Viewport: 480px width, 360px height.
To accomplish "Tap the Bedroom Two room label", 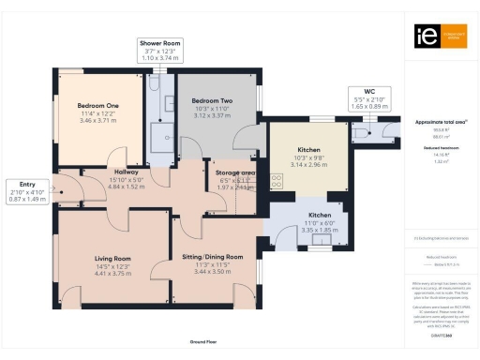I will pyautogui.click(x=212, y=100).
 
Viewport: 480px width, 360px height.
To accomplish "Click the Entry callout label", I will pyautogui.click(x=22, y=184).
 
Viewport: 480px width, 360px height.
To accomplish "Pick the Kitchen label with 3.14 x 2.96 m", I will pyautogui.click(x=307, y=150).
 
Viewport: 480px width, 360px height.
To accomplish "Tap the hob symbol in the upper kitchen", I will pyautogui.click(x=277, y=180).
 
